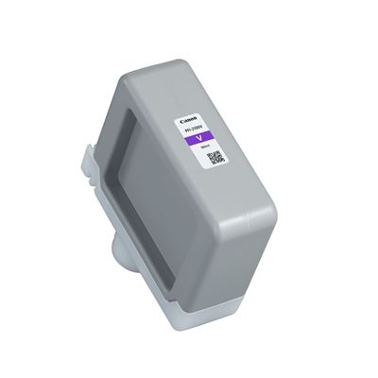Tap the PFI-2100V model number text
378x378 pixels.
click(198, 129)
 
